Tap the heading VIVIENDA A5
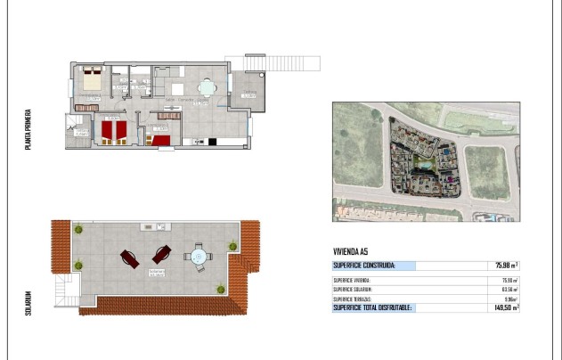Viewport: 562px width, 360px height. tap(351, 251)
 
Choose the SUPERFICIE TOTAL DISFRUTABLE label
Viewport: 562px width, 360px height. tap(372, 307)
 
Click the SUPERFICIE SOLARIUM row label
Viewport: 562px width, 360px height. tap(352, 289)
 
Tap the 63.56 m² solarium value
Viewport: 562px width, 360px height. tap(509, 289)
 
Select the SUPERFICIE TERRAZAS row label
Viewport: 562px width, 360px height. tap(352, 298)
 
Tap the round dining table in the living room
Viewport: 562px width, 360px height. tap(207, 88)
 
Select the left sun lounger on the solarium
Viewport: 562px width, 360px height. tap(128, 258)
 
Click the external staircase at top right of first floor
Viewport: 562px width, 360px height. tap(272, 62)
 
